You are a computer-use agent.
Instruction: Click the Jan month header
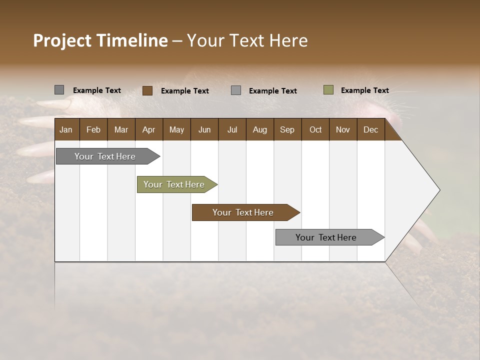pos(66,129)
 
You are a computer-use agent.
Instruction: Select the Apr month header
pos(148,129)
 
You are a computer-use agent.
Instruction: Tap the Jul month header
pos(232,129)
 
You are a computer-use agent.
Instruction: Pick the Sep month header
pos(287,129)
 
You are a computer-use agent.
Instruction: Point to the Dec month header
pos(370,129)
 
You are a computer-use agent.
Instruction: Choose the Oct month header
pos(315,129)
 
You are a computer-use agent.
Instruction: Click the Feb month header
pos(93,129)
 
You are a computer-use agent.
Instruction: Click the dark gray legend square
pos(59,90)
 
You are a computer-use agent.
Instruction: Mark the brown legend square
pos(147,90)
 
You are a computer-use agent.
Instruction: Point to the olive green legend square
pos(328,90)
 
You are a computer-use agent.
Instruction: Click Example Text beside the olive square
pos(364,90)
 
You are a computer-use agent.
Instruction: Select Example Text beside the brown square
pos(184,91)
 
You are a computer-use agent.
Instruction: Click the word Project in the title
pos(62,40)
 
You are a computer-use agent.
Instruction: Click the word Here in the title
pos(288,40)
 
